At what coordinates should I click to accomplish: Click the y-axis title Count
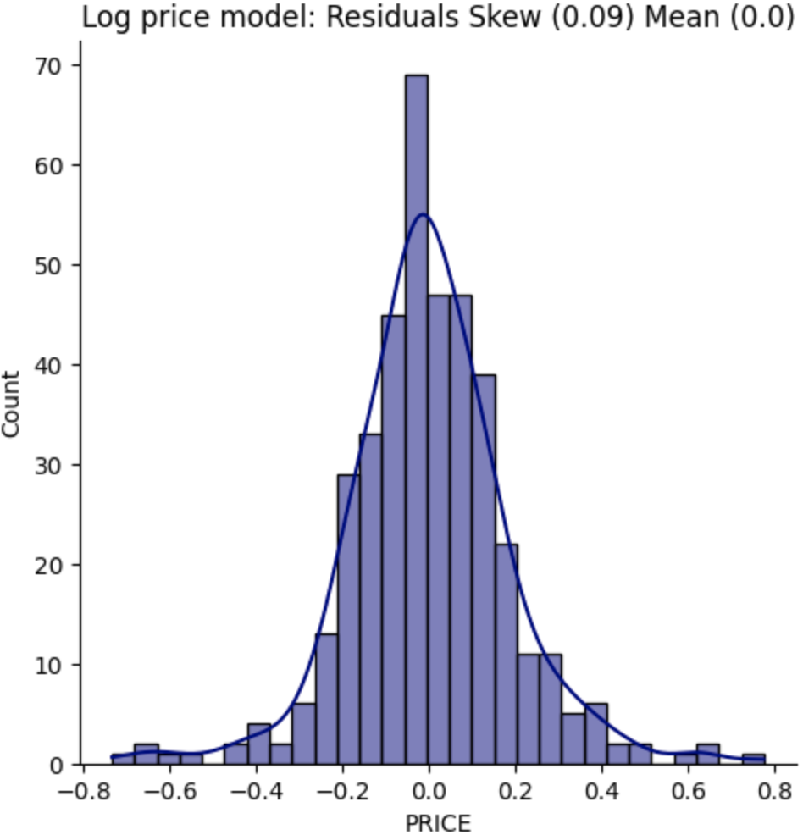point(12,403)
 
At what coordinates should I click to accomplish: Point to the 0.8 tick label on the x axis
point(774,791)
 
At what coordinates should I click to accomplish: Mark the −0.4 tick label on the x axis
point(255,791)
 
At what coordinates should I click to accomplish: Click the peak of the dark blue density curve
point(424,215)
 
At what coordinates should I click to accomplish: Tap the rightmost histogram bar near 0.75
point(753,760)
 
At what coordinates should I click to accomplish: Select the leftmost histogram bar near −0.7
point(123,760)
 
